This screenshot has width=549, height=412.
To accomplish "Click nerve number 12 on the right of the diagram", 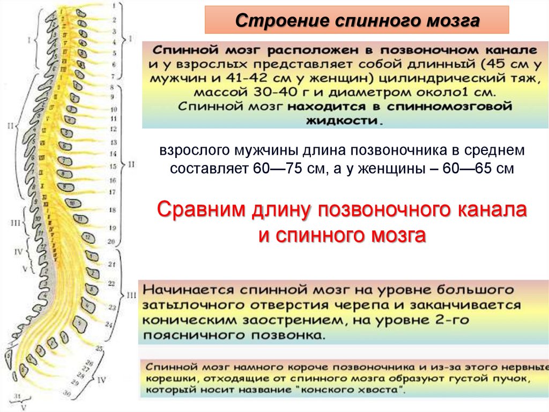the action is [x=113, y=129].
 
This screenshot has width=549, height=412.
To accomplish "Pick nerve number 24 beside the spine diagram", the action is [x=109, y=324].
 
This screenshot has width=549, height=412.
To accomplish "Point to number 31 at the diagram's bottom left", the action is [x=17, y=396].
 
